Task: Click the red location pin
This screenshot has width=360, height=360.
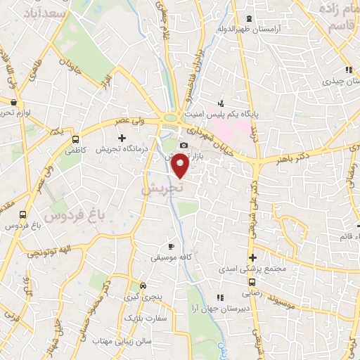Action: click(x=181, y=166)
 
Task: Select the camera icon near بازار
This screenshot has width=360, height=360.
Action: click(x=184, y=146)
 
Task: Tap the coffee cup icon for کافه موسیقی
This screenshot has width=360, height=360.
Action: click(x=171, y=247)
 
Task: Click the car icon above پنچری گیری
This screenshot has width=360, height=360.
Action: click(x=143, y=286)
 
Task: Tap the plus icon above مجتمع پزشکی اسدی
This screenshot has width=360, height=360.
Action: click(x=252, y=257)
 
